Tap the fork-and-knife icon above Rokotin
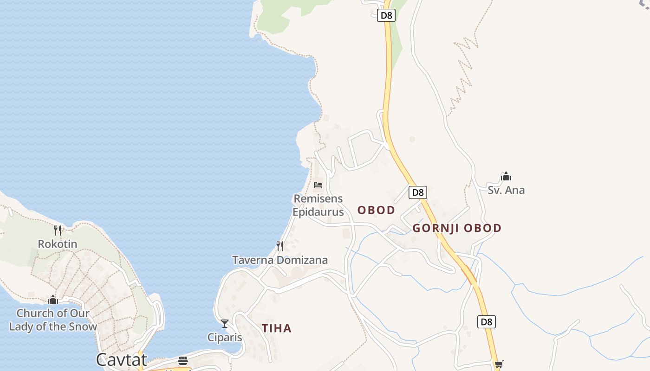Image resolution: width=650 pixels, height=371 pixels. coord(58,230)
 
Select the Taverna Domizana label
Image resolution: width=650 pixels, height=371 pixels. coord(280,260)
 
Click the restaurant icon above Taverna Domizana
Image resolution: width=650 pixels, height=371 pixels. coord(280,246)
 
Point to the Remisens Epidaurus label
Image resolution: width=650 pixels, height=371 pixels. coord(318,205)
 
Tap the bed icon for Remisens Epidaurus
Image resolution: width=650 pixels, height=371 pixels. coord(318,185)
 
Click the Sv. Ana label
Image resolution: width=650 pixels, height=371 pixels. coord(506,190)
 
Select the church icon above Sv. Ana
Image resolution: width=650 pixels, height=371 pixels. coord(506,176)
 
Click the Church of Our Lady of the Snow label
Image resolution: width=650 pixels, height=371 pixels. coord(53,320)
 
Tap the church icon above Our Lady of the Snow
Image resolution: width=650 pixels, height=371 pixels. coord(53,300)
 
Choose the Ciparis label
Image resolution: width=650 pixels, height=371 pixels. coord(225,337)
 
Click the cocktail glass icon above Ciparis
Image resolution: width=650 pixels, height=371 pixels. coord(225,323)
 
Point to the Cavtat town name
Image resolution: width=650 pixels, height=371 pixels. coord(121,360)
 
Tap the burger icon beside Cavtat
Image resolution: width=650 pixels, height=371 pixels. coord(183,361)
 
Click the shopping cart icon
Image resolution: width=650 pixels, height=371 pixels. coord(499,365)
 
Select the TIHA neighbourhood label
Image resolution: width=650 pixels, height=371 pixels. coord(277,328)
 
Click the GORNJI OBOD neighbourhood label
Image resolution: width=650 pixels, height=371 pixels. coord(457,228)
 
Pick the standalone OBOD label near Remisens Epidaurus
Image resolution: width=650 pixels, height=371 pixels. coord(376,210)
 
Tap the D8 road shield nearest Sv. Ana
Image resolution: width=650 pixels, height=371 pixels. coord(417,192)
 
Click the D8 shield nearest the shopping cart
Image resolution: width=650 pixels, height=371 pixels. coord(486,321)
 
